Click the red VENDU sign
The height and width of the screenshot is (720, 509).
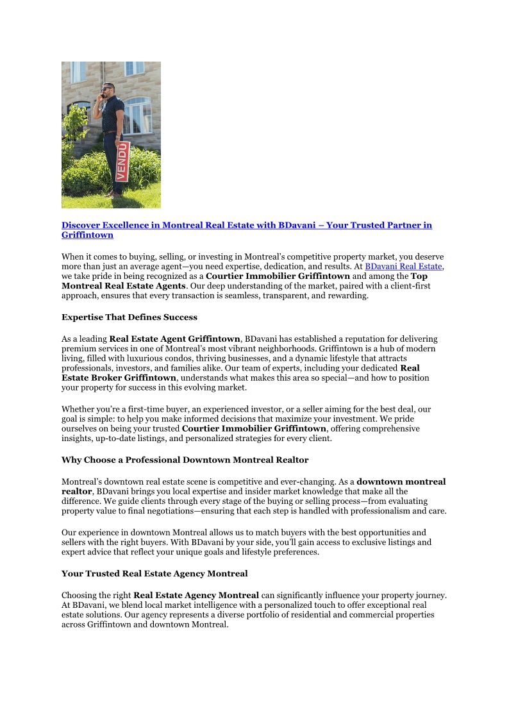pyautogui.click(x=122, y=161)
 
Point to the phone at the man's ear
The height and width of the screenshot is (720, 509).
pyautogui.click(x=103, y=94)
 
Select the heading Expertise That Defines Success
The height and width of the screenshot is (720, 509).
pyautogui.click(x=129, y=317)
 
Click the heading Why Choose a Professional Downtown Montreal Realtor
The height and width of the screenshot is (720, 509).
pyautogui.click(x=185, y=460)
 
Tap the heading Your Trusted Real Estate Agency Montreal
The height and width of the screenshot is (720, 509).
pyautogui.click(x=154, y=573)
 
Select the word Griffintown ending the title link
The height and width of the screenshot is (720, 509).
pyautogui.click(x=87, y=235)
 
